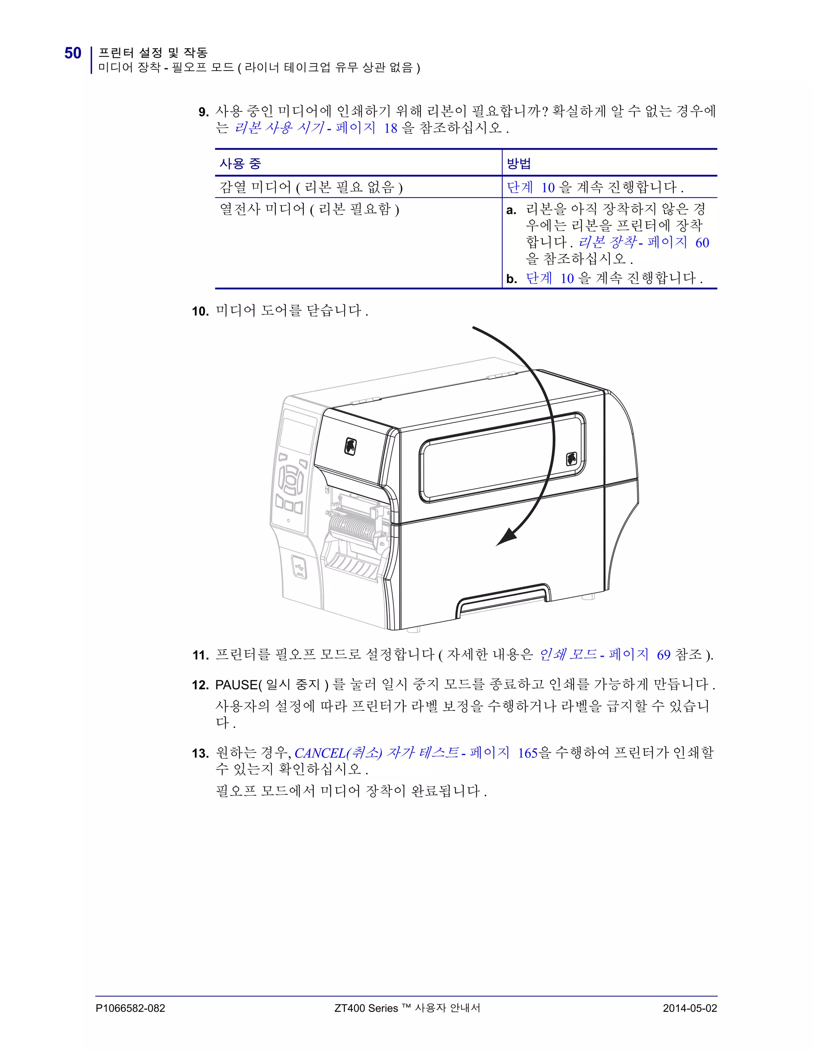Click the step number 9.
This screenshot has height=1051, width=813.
pos(203,113)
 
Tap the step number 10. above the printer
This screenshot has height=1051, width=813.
pos(200,311)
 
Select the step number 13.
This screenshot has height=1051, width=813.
pos(200,754)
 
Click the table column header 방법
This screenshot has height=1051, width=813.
pos(519,164)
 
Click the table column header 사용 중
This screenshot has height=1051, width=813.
pos(240,164)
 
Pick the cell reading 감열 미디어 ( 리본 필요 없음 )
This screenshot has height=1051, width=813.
pos(311,187)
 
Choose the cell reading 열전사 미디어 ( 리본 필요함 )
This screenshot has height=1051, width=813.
pos(309,209)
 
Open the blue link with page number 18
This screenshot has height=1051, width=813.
pos(390,128)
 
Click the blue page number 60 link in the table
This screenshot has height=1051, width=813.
pos(702,243)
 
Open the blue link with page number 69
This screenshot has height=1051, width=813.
pos(663,655)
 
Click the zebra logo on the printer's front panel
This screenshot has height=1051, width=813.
pos(350,446)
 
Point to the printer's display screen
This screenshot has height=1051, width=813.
pos(296,435)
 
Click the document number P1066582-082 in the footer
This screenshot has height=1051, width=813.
pos(130,1008)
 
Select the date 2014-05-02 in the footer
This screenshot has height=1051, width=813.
pos(690,1008)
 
